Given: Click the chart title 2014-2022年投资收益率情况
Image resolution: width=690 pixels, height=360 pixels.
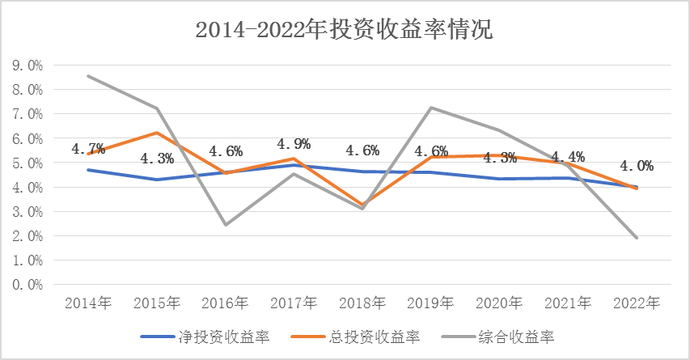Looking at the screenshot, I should point(345,30).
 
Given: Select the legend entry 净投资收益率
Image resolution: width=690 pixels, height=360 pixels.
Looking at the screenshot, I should point(223,336).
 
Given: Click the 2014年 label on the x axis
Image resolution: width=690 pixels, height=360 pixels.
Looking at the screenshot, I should point(87,303).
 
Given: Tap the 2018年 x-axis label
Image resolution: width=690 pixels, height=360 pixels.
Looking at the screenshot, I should point(362,303).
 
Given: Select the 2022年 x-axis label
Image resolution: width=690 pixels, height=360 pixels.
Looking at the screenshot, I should point(637,303).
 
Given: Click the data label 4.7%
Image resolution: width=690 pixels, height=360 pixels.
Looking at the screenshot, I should point(87,149).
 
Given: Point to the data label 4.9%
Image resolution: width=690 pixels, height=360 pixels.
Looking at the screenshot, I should point(294,144).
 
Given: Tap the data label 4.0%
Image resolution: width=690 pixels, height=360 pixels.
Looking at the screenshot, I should point(637,166).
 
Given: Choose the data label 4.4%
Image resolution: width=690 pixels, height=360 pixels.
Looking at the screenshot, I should point(569,157).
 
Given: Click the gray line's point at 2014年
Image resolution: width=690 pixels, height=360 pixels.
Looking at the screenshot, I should point(87,76).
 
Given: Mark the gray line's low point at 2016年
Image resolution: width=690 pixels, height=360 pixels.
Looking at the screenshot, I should point(225,225).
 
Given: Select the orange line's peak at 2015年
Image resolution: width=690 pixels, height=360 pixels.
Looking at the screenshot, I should point(156,133).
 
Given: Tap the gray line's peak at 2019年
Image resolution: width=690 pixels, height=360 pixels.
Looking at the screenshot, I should point(431,108).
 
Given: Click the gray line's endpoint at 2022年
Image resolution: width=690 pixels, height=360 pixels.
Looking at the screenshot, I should point(637,238).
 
